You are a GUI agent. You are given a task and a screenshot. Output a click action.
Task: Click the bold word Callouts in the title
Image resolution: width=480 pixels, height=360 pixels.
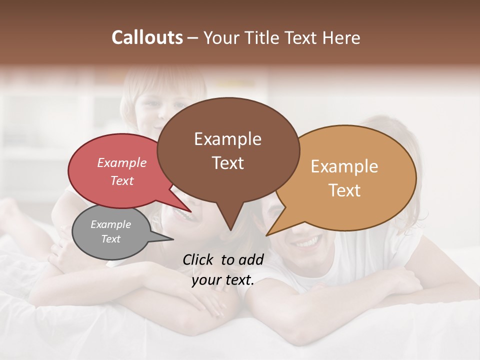tap(147, 37)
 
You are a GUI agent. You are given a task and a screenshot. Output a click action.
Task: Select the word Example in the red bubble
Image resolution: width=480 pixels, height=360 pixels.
tap(121, 163)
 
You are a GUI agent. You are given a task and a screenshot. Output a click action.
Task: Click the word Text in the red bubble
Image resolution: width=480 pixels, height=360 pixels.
tap(121, 180)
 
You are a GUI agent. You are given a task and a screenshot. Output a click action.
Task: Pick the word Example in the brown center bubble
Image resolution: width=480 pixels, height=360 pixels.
tap(227, 139)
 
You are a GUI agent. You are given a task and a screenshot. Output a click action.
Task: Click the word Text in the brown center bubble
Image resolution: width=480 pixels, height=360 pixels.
tap(227, 163)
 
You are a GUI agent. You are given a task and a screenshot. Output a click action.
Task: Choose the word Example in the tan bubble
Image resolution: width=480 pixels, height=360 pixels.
tap(344, 166)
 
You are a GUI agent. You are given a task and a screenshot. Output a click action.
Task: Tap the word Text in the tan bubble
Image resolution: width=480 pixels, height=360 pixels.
tap(344, 190)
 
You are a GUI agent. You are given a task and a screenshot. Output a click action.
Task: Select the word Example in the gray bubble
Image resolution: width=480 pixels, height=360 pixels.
tap(110, 224)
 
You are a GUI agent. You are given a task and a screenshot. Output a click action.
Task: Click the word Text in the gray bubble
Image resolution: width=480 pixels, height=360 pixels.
tap(110, 239)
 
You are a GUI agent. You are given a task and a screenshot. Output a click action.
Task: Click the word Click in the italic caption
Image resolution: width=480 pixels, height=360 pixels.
tap(199, 259)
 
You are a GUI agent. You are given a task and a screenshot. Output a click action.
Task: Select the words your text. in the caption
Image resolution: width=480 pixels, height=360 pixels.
tap(223, 280)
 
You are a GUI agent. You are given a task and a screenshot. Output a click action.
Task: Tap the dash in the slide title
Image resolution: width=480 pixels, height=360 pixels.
tap(193, 37)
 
